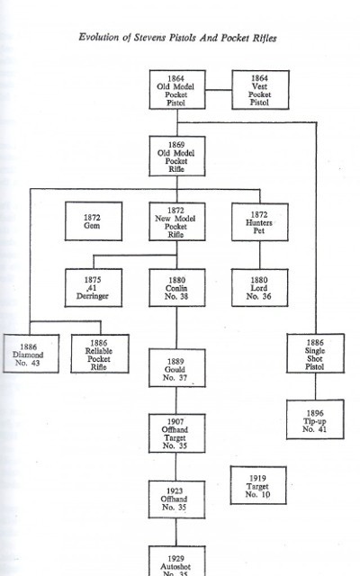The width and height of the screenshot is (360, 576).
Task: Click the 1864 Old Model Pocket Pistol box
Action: pyautogui.click(x=177, y=90)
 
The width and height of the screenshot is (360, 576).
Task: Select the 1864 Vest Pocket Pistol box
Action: pyautogui.click(x=260, y=90)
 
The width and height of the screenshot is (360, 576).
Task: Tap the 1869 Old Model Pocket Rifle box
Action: pyautogui.click(x=177, y=156)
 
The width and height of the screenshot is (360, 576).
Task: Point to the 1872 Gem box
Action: pyautogui.click(x=94, y=221)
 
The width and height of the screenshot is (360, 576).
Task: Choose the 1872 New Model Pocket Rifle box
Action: pyautogui.click(x=177, y=221)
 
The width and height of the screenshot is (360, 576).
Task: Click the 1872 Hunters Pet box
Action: pyautogui.click(x=260, y=222)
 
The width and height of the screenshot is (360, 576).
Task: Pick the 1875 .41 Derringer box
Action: pyautogui.click(x=94, y=288)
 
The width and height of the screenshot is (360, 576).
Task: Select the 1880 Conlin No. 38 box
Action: pyautogui.click(x=177, y=288)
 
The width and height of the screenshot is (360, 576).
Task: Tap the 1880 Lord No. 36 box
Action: pyautogui.click(x=260, y=288)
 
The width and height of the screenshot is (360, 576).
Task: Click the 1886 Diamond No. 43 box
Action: pyautogui.click(x=31, y=354)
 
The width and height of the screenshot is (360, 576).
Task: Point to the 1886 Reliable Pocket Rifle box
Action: pyautogui.click(x=100, y=354)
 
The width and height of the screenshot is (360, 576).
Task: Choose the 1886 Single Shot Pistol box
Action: pyautogui.click(x=316, y=353)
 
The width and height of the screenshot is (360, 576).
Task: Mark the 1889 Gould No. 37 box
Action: pyautogui.click(x=177, y=368)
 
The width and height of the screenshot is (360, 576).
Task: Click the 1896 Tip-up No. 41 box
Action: pyautogui.click(x=315, y=419)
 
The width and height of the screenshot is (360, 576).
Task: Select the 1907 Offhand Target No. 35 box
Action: pyautogui.click(x=176, y=433)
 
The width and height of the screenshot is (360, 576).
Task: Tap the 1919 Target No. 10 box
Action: pyautogui.click(x=258, y=485)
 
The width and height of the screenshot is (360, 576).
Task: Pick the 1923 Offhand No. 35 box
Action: pyautogui.click(x=176, y=499)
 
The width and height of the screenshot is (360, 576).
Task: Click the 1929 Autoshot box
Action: pyautogui.click(x=176, y=561)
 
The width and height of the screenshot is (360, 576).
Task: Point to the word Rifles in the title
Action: pyautogui.click(x=264, y=38)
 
